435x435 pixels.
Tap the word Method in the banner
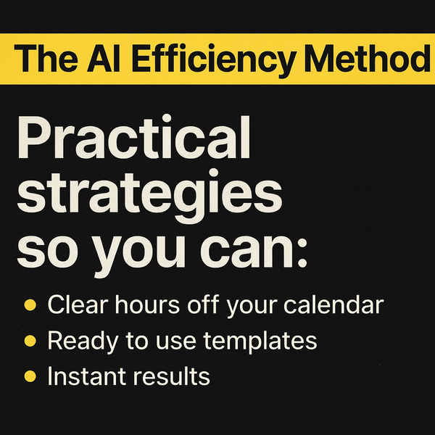click(368, 57)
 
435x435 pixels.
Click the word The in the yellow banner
click(46, 58)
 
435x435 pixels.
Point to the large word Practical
click(134, 137)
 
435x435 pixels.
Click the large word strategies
click(149, 196)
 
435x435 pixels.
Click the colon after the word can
click(302, 253)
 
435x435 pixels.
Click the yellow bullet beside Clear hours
click(30, 305)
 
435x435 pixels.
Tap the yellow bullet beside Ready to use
click(30, 341)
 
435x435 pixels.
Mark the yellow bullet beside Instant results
click(30, 376)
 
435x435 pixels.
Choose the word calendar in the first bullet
click(333, 304)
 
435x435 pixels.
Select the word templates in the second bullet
click(260, 341)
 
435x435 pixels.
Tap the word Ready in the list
click(83, 341)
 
